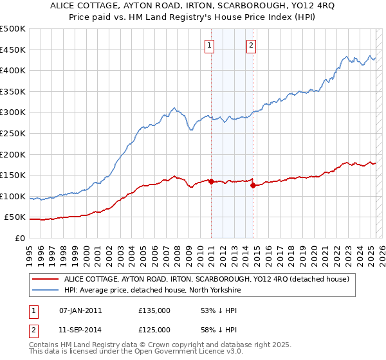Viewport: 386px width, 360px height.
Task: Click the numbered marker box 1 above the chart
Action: coord(210,45)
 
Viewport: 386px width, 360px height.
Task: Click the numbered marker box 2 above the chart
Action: coord(251,45)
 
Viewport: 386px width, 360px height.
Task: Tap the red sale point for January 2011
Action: coord(211,181)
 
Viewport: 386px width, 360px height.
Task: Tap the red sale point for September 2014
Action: coord(253,186)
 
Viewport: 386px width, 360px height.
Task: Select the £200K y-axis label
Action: coord(13,154)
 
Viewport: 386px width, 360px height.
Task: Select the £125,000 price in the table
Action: coord(154,330)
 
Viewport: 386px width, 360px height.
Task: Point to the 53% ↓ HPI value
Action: coord(216,310)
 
